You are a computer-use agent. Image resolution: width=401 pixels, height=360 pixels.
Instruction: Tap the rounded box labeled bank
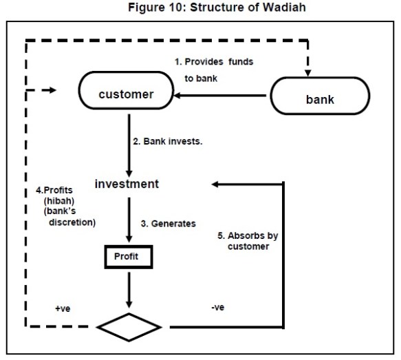[x=319, y=99]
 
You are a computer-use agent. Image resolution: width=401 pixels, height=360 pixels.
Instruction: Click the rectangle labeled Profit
[x=127, y=256]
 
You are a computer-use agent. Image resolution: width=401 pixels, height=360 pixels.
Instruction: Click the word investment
[x=127, y=184]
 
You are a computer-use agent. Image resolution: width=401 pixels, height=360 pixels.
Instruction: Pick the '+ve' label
[x=63, y=310]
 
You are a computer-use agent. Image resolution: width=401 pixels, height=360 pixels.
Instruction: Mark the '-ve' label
[x=218, y=308]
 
